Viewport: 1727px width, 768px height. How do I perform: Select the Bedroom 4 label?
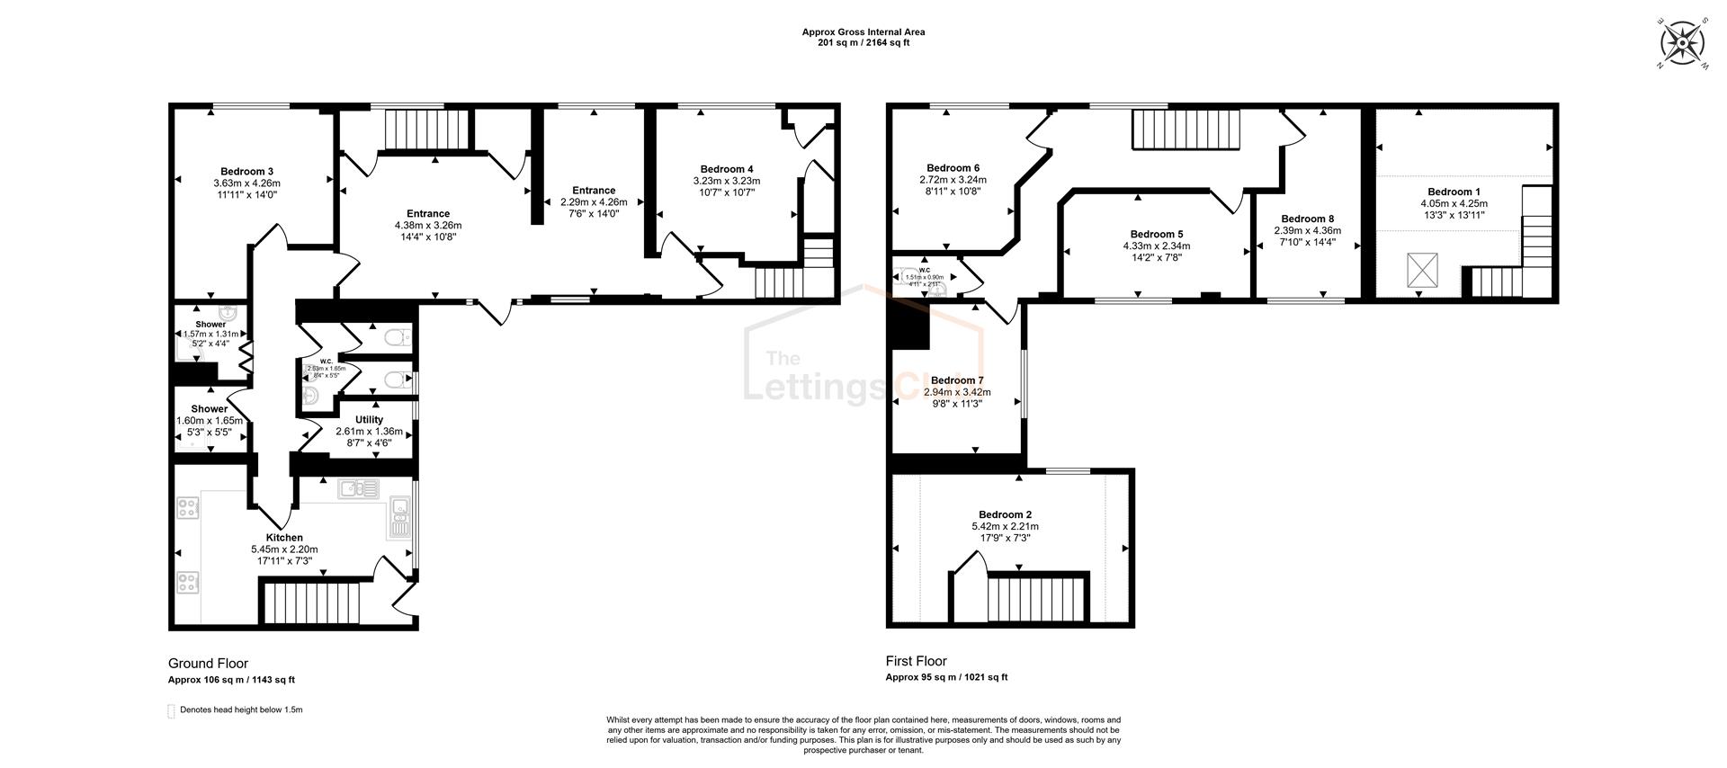pyautogui.click(x=727, y=169)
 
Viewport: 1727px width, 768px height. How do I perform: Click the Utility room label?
pyautogui.click(x=369, y=420)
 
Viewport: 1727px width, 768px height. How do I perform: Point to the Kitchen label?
pyautogui.click(x=284, y=538)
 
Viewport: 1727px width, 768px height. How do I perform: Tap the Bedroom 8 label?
pyautogui.click(x=1307, y=219)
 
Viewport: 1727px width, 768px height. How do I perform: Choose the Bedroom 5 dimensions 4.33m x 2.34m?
pyautogui.click(x=1156, y=246)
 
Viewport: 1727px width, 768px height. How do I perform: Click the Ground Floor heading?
pyautogui.click(x=208, y=664)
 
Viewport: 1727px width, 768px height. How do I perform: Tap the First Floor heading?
pyautogui.click(x=916, y=661)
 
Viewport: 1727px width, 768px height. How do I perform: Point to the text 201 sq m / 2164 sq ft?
pyautogui.click(x=863, y=43)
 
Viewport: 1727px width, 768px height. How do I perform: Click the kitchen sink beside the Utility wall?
pyautogui.click(x=358, y=488)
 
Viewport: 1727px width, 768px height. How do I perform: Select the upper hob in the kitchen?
pyautogui.click(x=188, y=508)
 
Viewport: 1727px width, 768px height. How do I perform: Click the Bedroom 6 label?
pyautogui.click(x=953, y=168)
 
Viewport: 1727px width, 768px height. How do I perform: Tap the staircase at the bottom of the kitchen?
pyautogui.click(x=309, y=603)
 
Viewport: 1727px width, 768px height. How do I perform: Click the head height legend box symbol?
pyautogui.click(x=172, y=710)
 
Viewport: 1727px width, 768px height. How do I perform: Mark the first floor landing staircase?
pyautogui.click(x=1185, y=129)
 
